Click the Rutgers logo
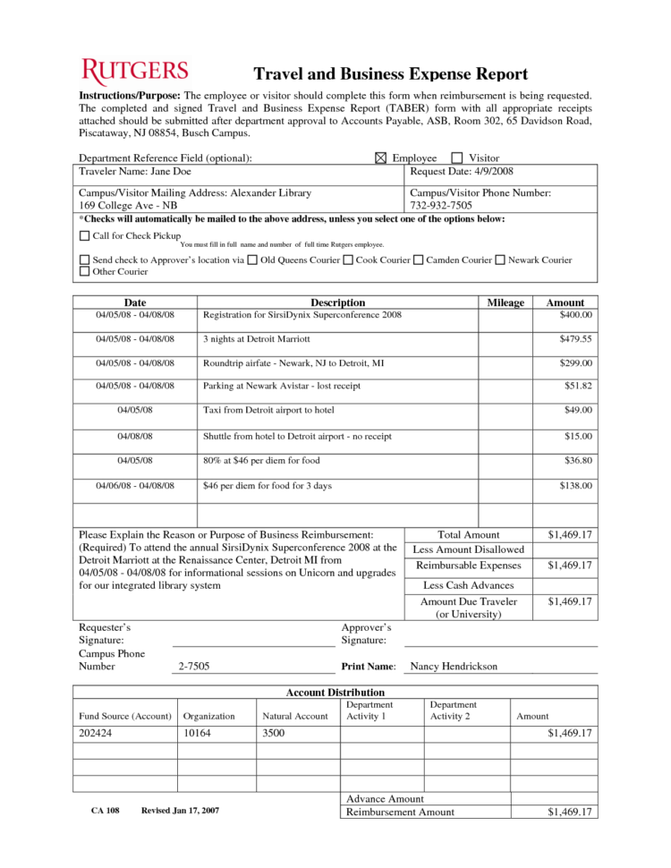click(135, 72)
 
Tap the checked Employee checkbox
click(380, 158)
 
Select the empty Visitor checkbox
click(457, 158)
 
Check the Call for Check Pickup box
click(85, 236)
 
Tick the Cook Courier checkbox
click(347, 260)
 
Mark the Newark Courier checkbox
click(500, 260)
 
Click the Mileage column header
click(505, 302)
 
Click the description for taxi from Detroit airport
click(268, 410)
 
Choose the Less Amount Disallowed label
click(469, 549)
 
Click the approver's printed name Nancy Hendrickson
click(453, 667)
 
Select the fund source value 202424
click(96, 734)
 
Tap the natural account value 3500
click(273, 734)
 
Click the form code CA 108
click(105, 811)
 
